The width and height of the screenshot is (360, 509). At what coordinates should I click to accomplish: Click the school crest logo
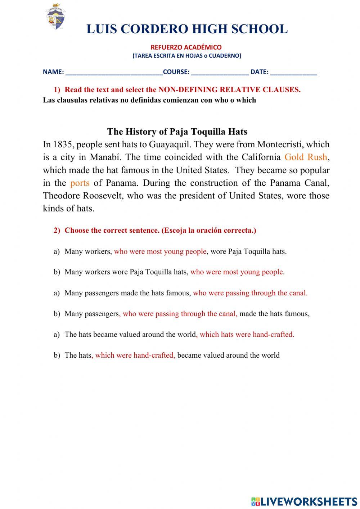[55, 17]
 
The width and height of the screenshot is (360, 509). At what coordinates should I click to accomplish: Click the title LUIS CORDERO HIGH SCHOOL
[187, 29]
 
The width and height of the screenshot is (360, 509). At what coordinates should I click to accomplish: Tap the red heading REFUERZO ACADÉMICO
[186, 47]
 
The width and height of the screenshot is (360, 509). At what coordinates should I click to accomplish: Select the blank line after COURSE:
[220, 72]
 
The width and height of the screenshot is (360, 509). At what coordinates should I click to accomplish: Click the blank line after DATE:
[293, 72]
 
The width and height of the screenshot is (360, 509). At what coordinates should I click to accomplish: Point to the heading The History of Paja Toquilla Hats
[177, 131]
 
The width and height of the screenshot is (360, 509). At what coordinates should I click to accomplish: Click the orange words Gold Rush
[306, 157]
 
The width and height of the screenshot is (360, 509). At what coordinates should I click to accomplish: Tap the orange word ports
[80, 183]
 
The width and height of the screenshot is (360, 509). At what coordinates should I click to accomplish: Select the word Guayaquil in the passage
[169, 144]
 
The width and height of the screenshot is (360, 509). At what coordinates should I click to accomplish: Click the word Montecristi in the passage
[279, 144]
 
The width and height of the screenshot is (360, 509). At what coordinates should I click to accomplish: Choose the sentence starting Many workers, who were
[175, 251]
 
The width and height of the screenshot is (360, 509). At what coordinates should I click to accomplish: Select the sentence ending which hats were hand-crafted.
[179, 334]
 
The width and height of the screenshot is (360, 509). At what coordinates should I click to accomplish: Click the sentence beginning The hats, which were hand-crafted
[172, 355]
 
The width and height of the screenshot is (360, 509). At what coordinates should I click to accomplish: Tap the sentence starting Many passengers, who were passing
[187, 314]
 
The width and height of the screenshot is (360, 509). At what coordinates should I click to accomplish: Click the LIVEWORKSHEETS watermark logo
[304, 501]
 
